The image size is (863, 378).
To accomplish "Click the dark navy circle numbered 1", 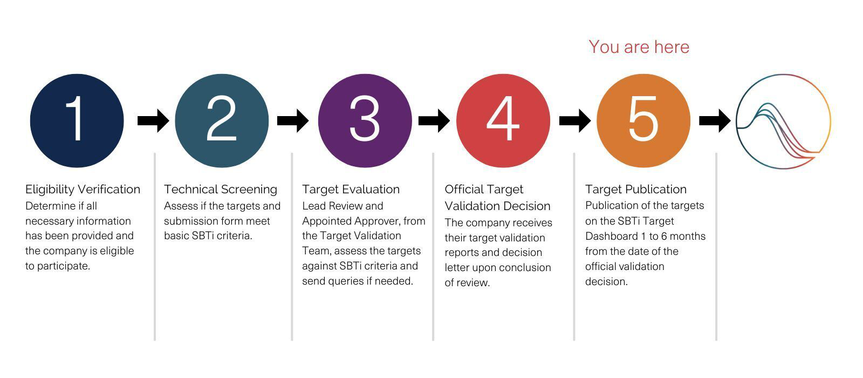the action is point(77,121).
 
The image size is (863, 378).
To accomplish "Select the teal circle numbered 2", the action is point(222,121).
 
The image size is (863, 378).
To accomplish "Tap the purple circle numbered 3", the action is point(365,121).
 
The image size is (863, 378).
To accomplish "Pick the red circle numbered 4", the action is point(503,121).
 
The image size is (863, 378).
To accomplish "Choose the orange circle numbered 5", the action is point(643,121).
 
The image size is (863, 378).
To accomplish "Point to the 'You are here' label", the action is point(639,47).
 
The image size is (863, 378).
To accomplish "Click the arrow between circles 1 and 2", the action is point(153,121).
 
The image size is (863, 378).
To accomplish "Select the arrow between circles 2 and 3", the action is point(293,121).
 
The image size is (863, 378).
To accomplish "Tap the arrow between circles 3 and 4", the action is point(434,121).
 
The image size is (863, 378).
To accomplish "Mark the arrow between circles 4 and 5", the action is point(575,121).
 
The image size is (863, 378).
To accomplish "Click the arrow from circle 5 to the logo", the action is point(715,121).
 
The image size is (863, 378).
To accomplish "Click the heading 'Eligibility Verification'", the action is point(83,190).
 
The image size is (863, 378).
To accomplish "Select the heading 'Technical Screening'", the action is point(221,190).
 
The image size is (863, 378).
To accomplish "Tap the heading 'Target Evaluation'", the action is point(351,190).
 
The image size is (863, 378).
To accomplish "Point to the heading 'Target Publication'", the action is point(636,190).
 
